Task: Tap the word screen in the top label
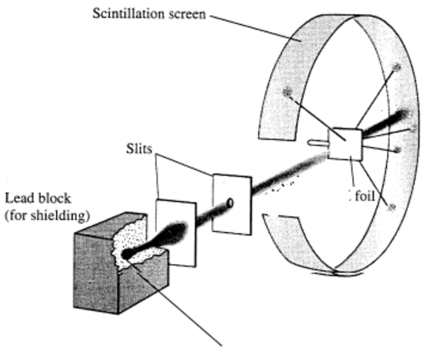pos(187,14)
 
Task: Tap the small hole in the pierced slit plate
pos(230,202)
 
